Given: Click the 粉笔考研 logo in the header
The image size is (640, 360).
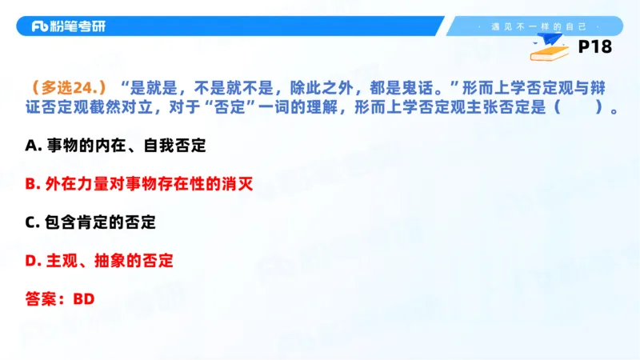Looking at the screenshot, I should tap(68, 26).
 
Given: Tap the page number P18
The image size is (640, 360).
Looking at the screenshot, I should tap(594, 47).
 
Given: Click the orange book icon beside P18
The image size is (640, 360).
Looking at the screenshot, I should tap(550, 50).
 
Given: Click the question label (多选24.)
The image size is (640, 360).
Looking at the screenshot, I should tap(67, 86).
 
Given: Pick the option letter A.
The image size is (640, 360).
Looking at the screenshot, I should tap(32, 146).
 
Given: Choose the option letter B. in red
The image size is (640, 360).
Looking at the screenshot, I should tap(32, 184).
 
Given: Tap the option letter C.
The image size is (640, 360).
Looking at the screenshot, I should tap(32, 222).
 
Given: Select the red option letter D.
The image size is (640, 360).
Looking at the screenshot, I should tap(32, 261).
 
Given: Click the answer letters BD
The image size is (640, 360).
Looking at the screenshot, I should tap(84, 299).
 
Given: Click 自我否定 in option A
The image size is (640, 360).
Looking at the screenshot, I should tap(177, 146).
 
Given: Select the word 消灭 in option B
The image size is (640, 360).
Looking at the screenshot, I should tap(236, 184).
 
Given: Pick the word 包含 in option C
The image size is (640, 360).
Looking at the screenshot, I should tap(62, 222).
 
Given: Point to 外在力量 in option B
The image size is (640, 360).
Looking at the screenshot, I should tap(77, 184).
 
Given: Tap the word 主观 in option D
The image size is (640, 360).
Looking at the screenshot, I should tap(62, 261).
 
